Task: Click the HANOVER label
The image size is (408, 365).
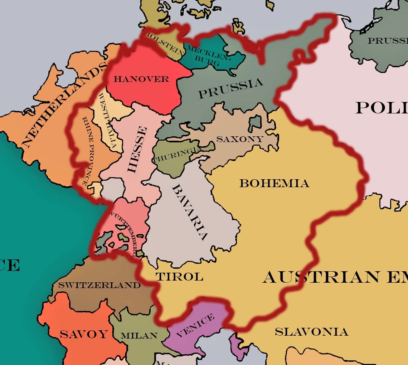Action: click(141, 79)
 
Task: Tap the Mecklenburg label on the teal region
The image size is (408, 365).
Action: click(207, 56)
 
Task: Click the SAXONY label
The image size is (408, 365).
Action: click(240, 139)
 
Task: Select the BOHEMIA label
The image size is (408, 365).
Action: click(274, 184)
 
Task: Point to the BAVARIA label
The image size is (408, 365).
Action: click(190, 213)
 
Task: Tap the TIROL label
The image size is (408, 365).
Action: click(179, 277)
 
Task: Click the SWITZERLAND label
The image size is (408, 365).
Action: click(99, 285)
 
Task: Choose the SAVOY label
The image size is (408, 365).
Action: click(83, 334)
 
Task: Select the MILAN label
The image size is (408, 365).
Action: click(139, 336)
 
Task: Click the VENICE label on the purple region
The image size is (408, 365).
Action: click(195, 326)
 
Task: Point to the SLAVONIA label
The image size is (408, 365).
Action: click(311, 332)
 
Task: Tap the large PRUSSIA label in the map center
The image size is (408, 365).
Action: click(230, 89)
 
